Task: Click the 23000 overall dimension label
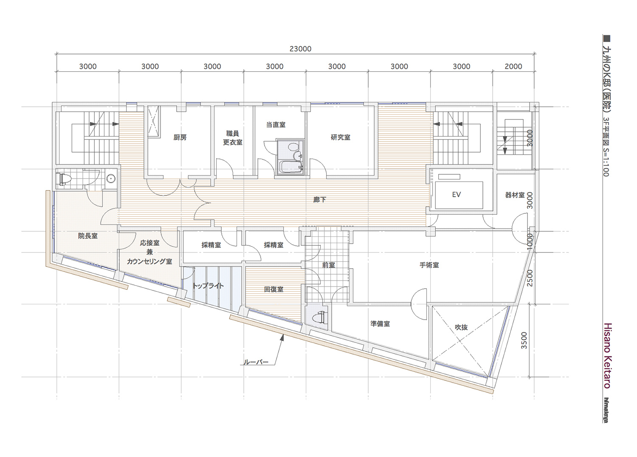[x=300, y=49]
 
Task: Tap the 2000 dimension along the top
[x=513, y=67]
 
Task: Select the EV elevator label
[x=457, y=194]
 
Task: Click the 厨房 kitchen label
[x=180, y=138]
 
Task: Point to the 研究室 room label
[x=341, y=137]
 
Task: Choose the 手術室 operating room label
[x=429, y=265]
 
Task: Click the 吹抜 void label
[x=461, y=327]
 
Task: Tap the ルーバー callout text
[x=256, y=362]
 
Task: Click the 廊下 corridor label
[x=320, y=200]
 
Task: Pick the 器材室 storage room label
[x=515, y=195]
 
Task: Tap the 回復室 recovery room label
[x=273, y=289]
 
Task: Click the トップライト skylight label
[x=209, y=286]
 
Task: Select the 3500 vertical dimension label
[x=524, y=340]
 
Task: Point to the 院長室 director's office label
[x=88, y=236]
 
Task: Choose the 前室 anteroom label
[x=328, y=265]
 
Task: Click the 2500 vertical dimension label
[x=530, y=278]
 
